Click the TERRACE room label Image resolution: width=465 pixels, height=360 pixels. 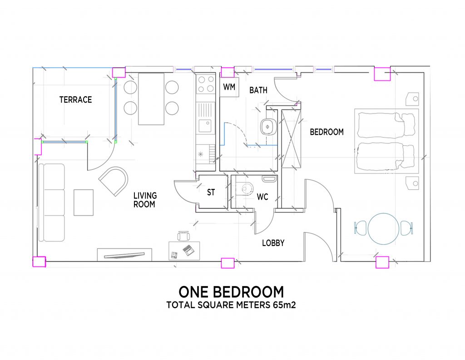pos(76,99)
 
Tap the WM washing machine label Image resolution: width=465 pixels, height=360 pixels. pos(229,87)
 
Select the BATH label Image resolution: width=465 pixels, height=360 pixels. pos(258,90)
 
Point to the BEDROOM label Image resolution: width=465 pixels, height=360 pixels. pos(327,132)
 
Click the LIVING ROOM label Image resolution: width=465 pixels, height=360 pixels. pos(145,200)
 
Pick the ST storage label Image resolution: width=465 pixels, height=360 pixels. pos(211,192)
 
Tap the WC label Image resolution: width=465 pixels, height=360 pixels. pos(262,197)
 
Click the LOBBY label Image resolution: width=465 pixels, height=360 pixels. pos(273,243)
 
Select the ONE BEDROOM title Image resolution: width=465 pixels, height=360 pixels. pos(231,292)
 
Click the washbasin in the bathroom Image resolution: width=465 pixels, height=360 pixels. pos(268,127)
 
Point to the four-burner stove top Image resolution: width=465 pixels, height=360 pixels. pos(206,84)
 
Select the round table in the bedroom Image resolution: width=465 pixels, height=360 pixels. pos(383,229)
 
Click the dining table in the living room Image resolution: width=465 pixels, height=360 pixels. pos(151,99)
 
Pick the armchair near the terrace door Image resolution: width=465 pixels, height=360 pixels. pos(114,181)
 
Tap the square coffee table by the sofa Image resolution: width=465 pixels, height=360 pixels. pos(84,202)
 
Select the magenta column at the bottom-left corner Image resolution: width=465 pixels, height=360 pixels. pos(39,262)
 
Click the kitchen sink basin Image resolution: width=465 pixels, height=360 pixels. pos(205,126)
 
